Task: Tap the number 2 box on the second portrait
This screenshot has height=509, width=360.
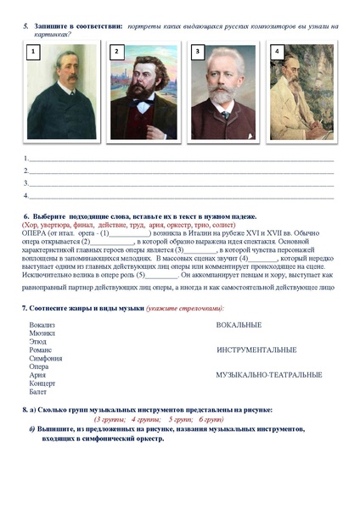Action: [x=116, y=53]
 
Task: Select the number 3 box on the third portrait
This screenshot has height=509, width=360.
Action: [x=197, y=53]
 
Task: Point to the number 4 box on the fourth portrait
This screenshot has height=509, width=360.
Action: [x=276, y=53]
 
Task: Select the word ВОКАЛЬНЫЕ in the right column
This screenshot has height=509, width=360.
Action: [x=239, y=325]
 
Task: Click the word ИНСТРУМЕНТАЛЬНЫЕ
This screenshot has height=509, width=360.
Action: [x=256, y=350]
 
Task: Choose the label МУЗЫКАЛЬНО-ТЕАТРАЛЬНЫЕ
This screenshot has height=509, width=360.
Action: [x=269, y=374]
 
